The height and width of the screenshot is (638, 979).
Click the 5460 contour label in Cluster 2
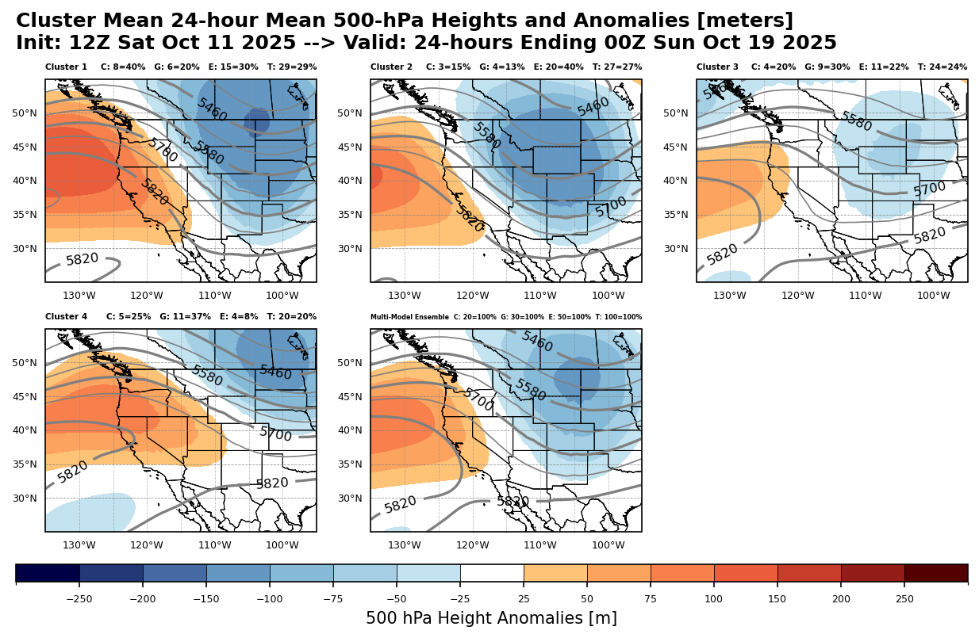click(593, 106)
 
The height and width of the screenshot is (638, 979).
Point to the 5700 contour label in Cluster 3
click(930, 189)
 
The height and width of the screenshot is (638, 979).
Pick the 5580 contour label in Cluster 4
click(207, 376)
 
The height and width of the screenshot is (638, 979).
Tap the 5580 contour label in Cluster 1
click(209, 154)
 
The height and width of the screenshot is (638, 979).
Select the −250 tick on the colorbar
click(79, 598)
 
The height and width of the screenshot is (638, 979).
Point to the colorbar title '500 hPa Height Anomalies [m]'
click(491, 618)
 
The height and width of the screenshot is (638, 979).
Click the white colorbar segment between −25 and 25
click(492, 572)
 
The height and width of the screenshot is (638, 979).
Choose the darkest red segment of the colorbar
click(936, 572)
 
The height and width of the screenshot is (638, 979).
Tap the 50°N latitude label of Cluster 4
click(25, 363)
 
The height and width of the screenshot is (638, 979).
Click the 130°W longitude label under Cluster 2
click(405, 296)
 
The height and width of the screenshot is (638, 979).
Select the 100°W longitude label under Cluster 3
click(934, 296)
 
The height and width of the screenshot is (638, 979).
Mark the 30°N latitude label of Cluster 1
click(25, 249)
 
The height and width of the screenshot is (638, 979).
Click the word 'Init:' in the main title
click(39, 44)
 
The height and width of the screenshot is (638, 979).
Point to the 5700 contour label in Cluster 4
click(275, 434)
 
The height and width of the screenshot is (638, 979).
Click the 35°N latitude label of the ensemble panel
click(350, 464)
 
